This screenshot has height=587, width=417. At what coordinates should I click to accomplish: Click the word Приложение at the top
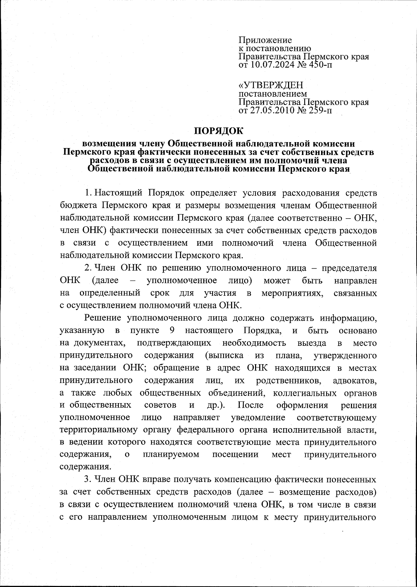tap(265, 40)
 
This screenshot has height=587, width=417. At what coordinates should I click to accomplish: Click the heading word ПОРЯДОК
tap(219, 131)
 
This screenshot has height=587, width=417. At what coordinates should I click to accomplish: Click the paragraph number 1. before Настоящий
tap(88, 193)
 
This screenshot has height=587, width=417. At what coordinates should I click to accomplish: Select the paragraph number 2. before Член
tap(88, 268)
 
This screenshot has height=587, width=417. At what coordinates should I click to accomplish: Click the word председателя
tap(349, 268)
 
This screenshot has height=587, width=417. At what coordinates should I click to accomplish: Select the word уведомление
tap(258, 417)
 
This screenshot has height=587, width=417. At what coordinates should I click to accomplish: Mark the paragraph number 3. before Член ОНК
tap(88, 480)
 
